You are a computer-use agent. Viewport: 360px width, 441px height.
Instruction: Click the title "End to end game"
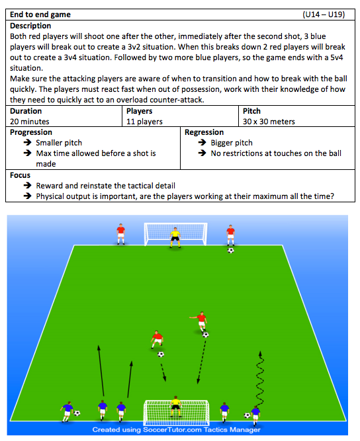(40, 15)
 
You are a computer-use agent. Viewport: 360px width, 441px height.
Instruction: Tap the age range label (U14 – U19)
(324, 15)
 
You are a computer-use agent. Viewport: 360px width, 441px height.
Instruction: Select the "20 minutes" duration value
(30, 122)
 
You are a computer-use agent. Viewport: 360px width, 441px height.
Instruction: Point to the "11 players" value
(144, 122)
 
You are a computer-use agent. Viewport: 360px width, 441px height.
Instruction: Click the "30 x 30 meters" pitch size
(269, 122)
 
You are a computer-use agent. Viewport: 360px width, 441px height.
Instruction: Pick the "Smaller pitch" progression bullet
(59, 143)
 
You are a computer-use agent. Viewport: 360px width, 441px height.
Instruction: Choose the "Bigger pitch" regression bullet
(232, 143)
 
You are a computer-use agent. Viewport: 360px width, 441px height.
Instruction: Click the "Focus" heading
(20, 175)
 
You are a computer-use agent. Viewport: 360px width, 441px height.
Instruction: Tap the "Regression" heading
(204, 132)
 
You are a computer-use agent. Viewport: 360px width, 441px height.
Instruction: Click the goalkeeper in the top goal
(175, 237)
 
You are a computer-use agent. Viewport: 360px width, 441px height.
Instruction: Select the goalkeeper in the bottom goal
(175, 406)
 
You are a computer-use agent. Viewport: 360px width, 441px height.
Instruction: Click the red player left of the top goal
(120, 234)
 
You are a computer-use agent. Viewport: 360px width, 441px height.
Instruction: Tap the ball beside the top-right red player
(230, 250)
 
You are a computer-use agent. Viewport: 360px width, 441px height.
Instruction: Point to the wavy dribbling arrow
(260, 378)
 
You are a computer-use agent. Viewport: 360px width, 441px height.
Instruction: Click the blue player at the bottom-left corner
(67, 412)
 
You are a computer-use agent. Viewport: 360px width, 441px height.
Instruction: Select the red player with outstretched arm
(201, 321)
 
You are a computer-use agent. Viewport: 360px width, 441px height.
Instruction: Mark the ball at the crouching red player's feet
(161, 354)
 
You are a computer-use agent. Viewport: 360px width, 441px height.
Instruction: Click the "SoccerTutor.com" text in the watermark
(172, 430)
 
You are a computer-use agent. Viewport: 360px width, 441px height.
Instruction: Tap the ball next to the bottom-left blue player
(77, 413)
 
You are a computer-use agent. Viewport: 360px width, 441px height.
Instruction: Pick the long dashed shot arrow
(202, 362)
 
